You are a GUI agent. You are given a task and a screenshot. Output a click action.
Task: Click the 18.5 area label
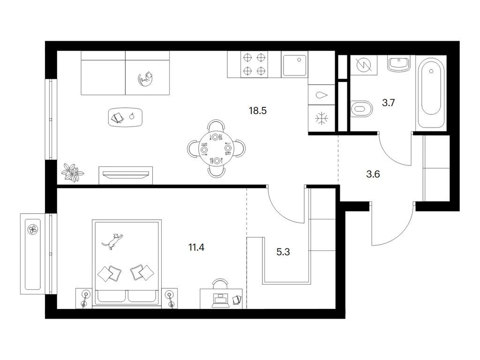pyautogui.click(x=258, y=111)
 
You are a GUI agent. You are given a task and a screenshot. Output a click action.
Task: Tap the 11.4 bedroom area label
pyautogui.click(x=196, y=247)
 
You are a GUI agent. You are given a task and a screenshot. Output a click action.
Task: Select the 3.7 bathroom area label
pyautogui.click(x=388, y=103)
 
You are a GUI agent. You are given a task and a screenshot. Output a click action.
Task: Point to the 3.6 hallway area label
pyautogui.click(x=373, y=174)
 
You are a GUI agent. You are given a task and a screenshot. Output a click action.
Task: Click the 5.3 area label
pyautogui.click(x=283, y=252)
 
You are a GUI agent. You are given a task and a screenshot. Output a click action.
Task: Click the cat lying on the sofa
pyautogui.click(x=146, y=79)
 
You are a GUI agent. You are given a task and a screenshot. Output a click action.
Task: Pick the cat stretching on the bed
pyautogui.click(x=113, y=240)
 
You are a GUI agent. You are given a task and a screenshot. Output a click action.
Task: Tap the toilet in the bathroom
pyautogui.click(x=361, y=108)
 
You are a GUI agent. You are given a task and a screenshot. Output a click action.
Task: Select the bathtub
pyautogui.click(x=431, y=93)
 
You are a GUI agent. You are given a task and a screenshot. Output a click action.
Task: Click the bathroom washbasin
pyautogui.click(x=398, y=64)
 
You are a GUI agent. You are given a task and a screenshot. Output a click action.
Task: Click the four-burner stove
pyautogui.click(x=254, y=64)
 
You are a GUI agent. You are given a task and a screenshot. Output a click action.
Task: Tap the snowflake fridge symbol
pyautogui.click(x=322, y=118)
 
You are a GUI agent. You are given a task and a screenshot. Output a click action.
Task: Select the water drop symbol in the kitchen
pyautogui.click(x=321, y=95)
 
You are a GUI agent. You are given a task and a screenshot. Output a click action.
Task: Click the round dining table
pyautogui.click(x=216, y=149)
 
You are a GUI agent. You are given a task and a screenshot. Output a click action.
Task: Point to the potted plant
pyautogui.click(x=72, y=172)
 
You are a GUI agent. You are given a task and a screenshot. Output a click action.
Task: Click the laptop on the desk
pyautogui.click(x=220, y=300)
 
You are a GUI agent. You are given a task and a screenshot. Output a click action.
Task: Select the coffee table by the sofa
pyautogui.click(x=125, y=117)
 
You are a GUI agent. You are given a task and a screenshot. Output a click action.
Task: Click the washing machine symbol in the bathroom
pyautogui.click(x=364, y=65)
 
